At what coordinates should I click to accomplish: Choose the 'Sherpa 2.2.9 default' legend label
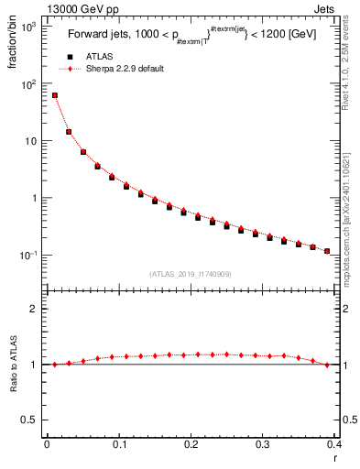pos(125,69)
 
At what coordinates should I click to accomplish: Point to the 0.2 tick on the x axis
pos(191,445)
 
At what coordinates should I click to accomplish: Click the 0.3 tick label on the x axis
pos(263,445)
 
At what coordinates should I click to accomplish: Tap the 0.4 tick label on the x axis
pos(333,445)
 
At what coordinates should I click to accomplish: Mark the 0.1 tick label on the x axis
pos(118,445)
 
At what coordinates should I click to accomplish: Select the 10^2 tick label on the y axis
pos(27,84)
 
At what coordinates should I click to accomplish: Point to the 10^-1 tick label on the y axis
pos(27,255)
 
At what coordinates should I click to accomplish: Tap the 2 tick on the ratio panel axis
pos(35,309)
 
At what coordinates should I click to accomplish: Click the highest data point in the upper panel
pos(55,95)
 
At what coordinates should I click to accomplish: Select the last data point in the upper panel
pos(327,251)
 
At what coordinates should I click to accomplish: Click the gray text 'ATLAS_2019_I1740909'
pos(191,273)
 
